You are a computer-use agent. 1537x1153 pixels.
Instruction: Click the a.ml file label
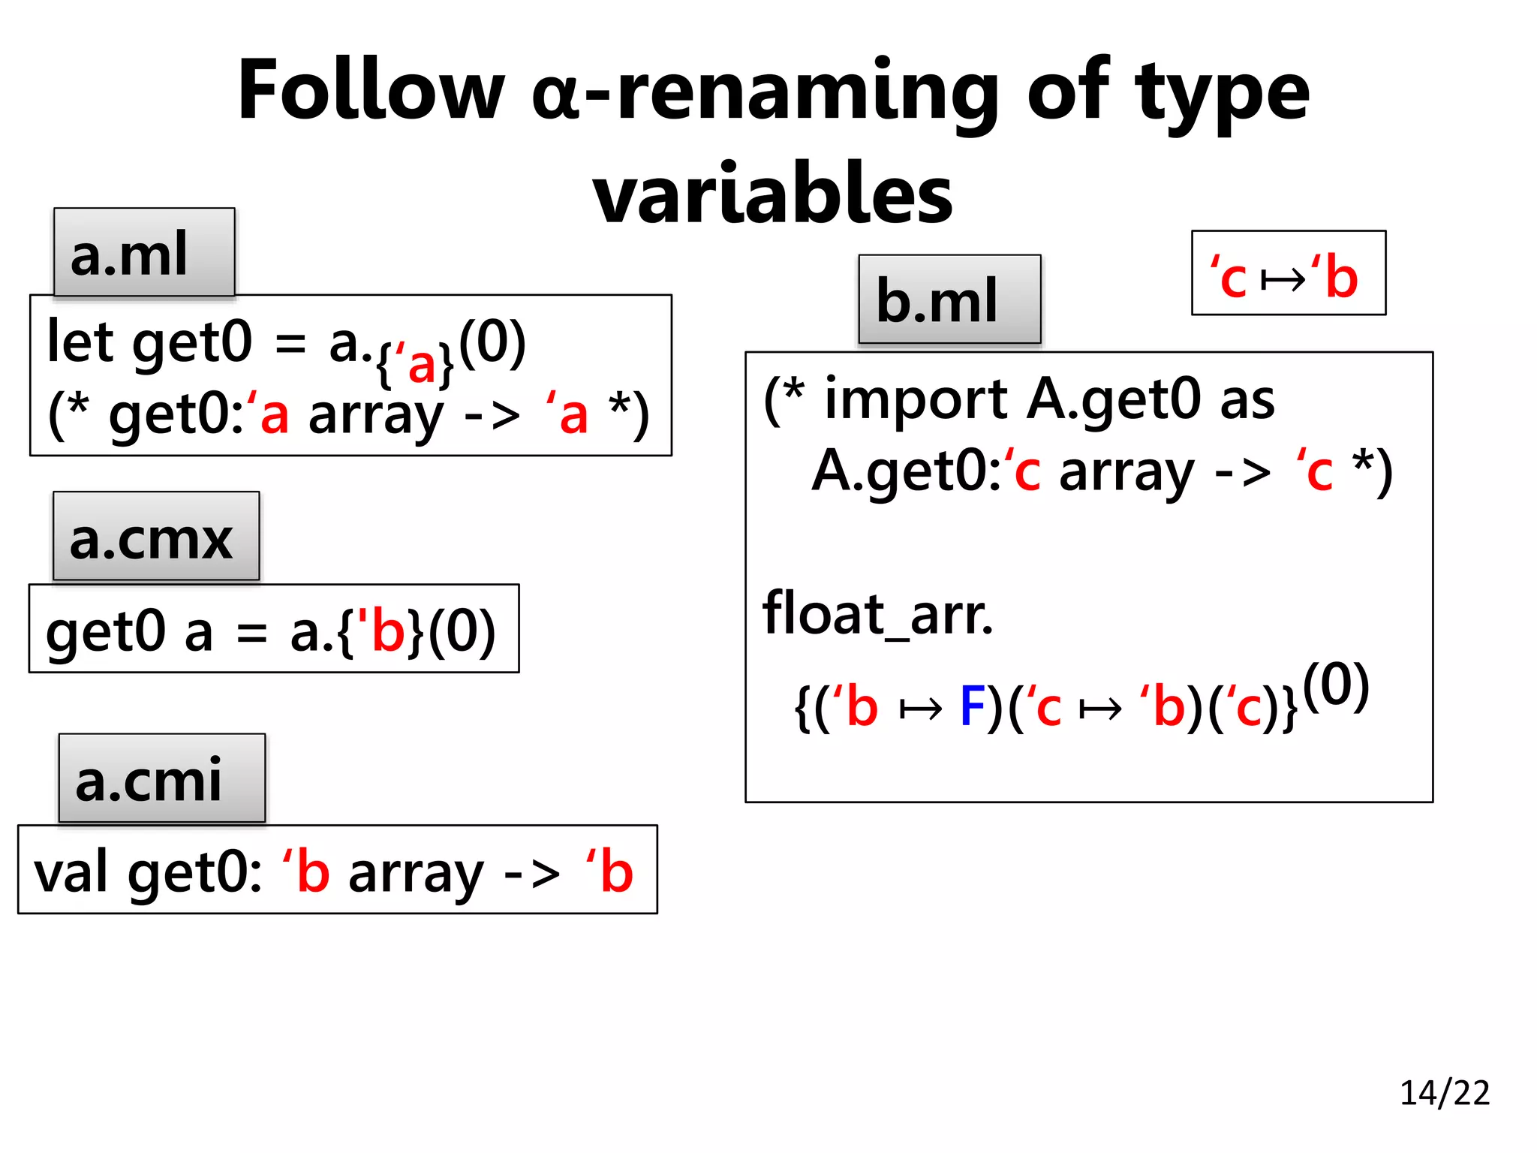click(144, 253)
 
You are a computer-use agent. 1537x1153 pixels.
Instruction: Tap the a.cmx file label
click(155, 537)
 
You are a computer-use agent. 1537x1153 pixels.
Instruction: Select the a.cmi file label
click(161, 778)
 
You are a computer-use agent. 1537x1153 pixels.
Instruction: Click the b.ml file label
click(949, 300)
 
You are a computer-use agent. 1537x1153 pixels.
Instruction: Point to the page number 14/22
click(1444, 1093)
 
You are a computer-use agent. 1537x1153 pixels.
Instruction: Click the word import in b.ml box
click(916, 399)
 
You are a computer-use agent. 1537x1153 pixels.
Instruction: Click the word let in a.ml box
click(80, 342)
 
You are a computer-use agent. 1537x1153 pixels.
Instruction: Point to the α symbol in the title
click(555, 98)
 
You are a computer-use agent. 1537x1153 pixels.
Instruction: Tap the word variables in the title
click(772, 194)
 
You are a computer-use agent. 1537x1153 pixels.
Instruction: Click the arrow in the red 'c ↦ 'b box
click(1283, 280)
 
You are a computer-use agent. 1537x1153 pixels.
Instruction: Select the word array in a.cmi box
click(416, 874)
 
